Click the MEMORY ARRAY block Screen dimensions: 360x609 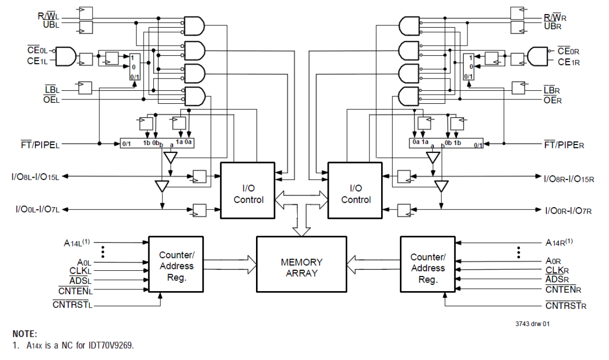(x=301, y=267)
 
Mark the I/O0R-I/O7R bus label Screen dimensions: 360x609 (x=568, y=210)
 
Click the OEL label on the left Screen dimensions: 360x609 (x=51, y=100)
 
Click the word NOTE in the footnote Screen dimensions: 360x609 (x=24, y=334)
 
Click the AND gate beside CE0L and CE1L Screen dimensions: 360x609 (x=66, y=56)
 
